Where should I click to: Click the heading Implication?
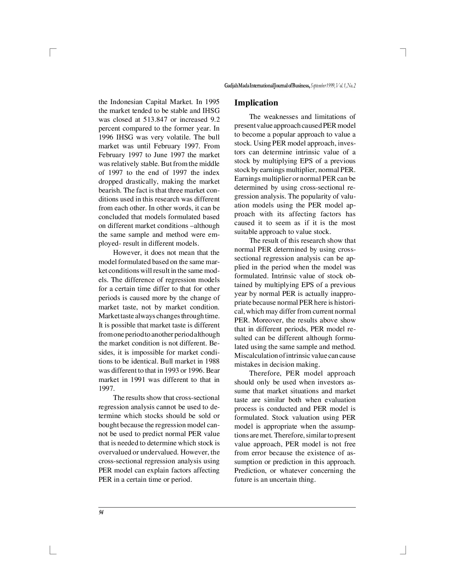point(256,103)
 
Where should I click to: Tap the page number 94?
point(101,513)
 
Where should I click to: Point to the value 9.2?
point(215,119)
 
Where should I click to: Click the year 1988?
point(212,361)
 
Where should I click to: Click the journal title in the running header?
point(267,86)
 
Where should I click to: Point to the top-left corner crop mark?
point(52,52)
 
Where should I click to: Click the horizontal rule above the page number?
point(227,507)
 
